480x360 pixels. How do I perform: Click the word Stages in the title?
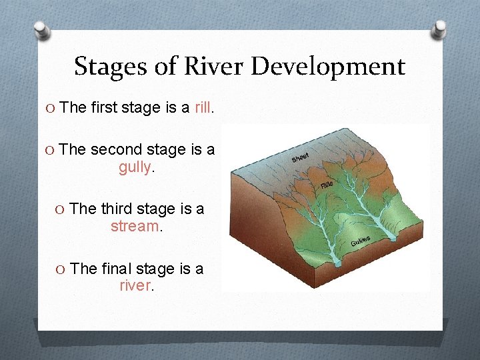point(102,67)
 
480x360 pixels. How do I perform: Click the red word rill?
point(203,108)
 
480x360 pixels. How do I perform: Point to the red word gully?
point(135,167)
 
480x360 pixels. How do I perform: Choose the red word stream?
point(134,226)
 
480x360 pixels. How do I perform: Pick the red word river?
point(135,285)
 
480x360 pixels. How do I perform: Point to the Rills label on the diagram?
point(327,184)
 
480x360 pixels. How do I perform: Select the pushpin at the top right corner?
point(441,29)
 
